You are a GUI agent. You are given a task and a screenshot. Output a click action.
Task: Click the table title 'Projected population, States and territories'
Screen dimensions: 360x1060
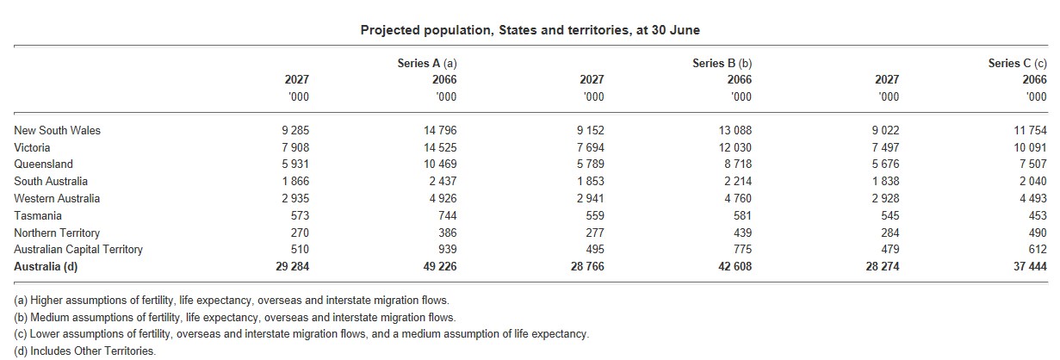[x=530, y=30]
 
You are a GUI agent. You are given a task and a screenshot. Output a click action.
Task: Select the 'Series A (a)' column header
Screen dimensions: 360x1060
[x=426, y=63]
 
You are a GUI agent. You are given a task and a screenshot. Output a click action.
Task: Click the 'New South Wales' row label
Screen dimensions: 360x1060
[x=57, y=130]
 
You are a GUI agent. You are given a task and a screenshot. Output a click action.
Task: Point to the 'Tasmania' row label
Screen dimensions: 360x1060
[x=38, y=215]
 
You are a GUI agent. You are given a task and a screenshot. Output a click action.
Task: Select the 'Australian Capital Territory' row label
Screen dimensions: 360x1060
[x=78, y=250]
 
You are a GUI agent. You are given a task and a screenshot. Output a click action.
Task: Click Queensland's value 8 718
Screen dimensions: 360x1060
[x=737, y=164]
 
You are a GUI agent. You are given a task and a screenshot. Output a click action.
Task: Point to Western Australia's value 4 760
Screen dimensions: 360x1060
[x=737, y=199]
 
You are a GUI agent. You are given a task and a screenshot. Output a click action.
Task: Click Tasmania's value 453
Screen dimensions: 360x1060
[x=1037, y=215]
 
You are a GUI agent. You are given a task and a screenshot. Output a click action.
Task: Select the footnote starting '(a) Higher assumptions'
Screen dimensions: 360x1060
[x=231, y=300]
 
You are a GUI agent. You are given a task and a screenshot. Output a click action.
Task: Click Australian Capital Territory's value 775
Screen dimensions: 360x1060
[x=742, y=250]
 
